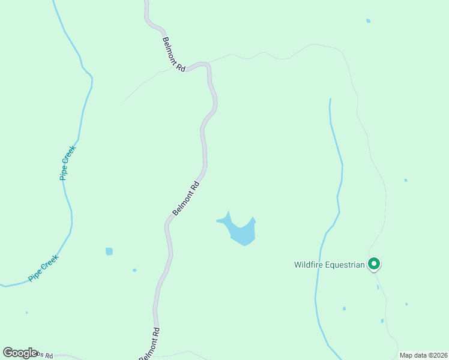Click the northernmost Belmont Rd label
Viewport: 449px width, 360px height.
(173, 55)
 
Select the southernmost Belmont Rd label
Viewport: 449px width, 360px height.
(150, 344)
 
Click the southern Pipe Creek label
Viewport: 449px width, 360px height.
(43, 269)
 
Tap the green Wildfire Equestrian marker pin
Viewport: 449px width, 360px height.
(373, 263)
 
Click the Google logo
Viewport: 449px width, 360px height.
(20, 353)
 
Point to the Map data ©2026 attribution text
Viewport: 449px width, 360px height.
(424, 355)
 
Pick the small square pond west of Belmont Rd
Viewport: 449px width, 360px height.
(109, 251)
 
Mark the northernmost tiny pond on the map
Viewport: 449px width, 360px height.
(368, 21)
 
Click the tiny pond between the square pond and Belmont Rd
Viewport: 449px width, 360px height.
(134, 270)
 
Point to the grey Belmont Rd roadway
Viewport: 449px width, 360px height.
(203, 144)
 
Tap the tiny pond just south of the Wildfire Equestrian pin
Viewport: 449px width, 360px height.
(378, 287)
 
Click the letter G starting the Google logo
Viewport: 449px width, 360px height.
(8, 352)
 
